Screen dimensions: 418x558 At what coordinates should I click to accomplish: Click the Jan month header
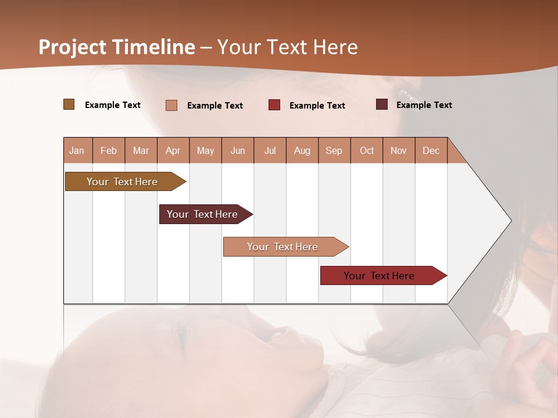coord(77,150)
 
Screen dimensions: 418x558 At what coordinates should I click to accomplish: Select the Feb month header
coord(109,150)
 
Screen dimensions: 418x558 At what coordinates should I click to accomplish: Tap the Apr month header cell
coord(173,150)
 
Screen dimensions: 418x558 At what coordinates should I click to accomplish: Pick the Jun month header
coord(238,150)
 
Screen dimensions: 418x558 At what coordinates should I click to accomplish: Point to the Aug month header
coord(302,150)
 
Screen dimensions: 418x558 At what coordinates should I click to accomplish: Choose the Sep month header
coord(334,150)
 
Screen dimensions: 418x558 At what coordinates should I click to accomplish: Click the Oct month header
coord(367,150)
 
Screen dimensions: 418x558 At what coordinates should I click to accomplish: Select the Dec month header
coord(431,150)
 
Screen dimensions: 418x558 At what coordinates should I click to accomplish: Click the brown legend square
coord(69,105)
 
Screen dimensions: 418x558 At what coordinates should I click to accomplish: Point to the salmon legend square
coord(171,105)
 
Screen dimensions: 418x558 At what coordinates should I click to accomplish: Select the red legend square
coord(274,105)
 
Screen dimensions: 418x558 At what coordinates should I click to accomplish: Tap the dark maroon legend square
coord(382,105)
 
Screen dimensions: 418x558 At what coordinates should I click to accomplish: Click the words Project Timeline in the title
coord(117,47)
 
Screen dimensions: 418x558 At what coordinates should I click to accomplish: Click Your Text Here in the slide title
coord(288,47)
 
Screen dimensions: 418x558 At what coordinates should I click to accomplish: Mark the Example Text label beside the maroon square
coord(424,105)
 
